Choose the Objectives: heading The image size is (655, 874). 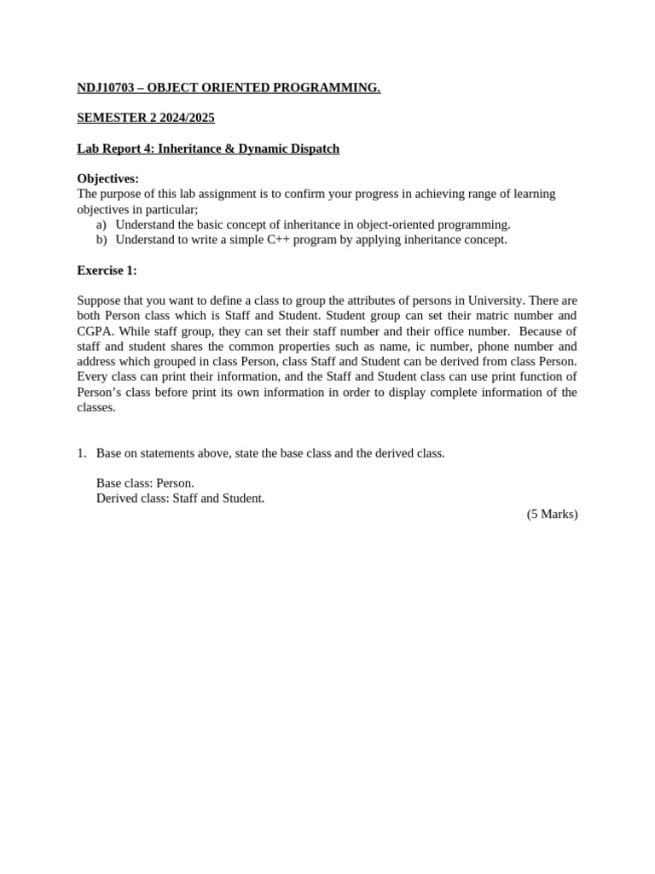[x=107, y=178]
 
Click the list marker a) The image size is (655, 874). [x=101, y=224]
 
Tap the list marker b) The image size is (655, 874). [x=101, y=240]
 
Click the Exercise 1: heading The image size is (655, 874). [x=107, y=271]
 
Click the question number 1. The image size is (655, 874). [x=82, y=453]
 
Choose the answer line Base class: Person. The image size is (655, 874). [x=145, y=483]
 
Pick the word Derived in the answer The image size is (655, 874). [x=116, y=498]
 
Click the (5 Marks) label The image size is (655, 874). [x=552, y=514]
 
